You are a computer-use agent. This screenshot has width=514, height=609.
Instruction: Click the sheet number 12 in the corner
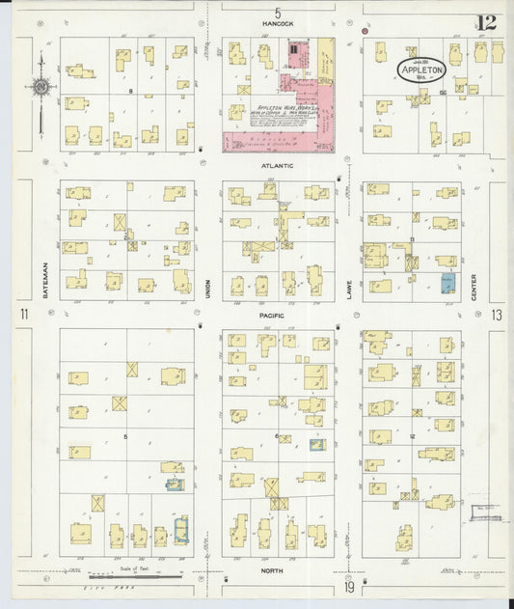[487, 22]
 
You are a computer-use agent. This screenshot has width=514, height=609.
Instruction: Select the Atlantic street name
[278, 165]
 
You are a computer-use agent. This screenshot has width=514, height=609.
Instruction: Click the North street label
[275, 570]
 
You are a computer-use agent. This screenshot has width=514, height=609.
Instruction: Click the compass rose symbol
[41, 87]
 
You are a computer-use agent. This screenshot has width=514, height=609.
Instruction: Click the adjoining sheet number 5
[278, 12]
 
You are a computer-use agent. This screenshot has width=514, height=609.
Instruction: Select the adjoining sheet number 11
[22, 315]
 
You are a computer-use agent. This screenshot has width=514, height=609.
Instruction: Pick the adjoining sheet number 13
[496, 315]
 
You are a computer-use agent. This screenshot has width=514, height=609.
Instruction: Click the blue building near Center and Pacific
[447, 283]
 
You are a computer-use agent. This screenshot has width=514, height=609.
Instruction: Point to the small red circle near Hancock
[365, 31]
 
